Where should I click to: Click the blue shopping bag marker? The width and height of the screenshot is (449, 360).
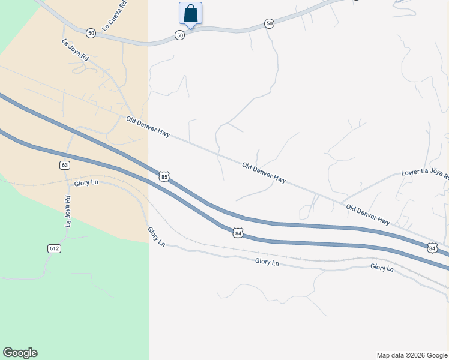(190, 13)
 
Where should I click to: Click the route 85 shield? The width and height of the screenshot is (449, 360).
(164, 176)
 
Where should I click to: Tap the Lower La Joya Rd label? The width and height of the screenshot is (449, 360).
(424, 174)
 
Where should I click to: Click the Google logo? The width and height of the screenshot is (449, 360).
(20, 353)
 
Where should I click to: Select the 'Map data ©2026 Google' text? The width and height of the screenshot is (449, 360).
(412, 355)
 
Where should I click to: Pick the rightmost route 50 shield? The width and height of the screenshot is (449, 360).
(269, 23)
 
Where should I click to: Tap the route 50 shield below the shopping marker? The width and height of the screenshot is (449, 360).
(180, 36)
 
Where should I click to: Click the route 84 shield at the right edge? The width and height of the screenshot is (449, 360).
(432, 247)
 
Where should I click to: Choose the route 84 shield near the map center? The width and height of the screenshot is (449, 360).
(238, 233)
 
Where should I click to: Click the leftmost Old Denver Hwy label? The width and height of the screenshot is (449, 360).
(148, 128)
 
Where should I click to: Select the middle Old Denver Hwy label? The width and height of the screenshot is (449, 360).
(264, 172)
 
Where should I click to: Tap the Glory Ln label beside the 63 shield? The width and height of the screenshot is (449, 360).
(86, 183)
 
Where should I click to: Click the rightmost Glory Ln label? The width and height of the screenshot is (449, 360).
(381, 268)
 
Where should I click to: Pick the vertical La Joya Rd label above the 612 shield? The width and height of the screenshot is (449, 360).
(68, 212)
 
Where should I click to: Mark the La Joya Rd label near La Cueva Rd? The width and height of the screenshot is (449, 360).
(75, 51)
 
